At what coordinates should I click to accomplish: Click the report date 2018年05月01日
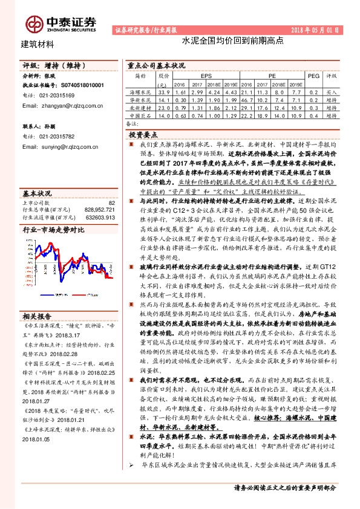[x=315, y=30]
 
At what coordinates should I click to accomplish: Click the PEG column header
[x=313, y=76]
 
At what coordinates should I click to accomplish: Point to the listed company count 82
[x=111, y=203]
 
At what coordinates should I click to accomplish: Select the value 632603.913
[x=99, y=216]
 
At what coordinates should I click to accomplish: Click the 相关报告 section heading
[x=38, y=316]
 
